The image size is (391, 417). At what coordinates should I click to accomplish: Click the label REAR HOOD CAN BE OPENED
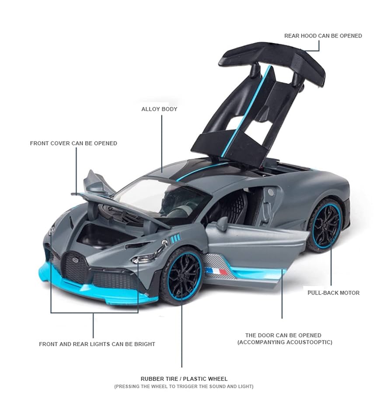coord(323,36)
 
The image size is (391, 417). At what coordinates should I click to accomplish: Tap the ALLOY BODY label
coord(159,109)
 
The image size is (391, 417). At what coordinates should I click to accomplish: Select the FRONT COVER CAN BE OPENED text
coord(73,143)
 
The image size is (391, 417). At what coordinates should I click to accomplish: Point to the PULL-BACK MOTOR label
coord(333,292)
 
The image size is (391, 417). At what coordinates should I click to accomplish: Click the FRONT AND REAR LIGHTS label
coord(97,344)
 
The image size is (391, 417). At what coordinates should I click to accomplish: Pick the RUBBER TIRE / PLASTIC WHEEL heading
coord(184,379)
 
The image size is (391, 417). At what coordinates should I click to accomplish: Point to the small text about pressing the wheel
coord(184,386)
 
